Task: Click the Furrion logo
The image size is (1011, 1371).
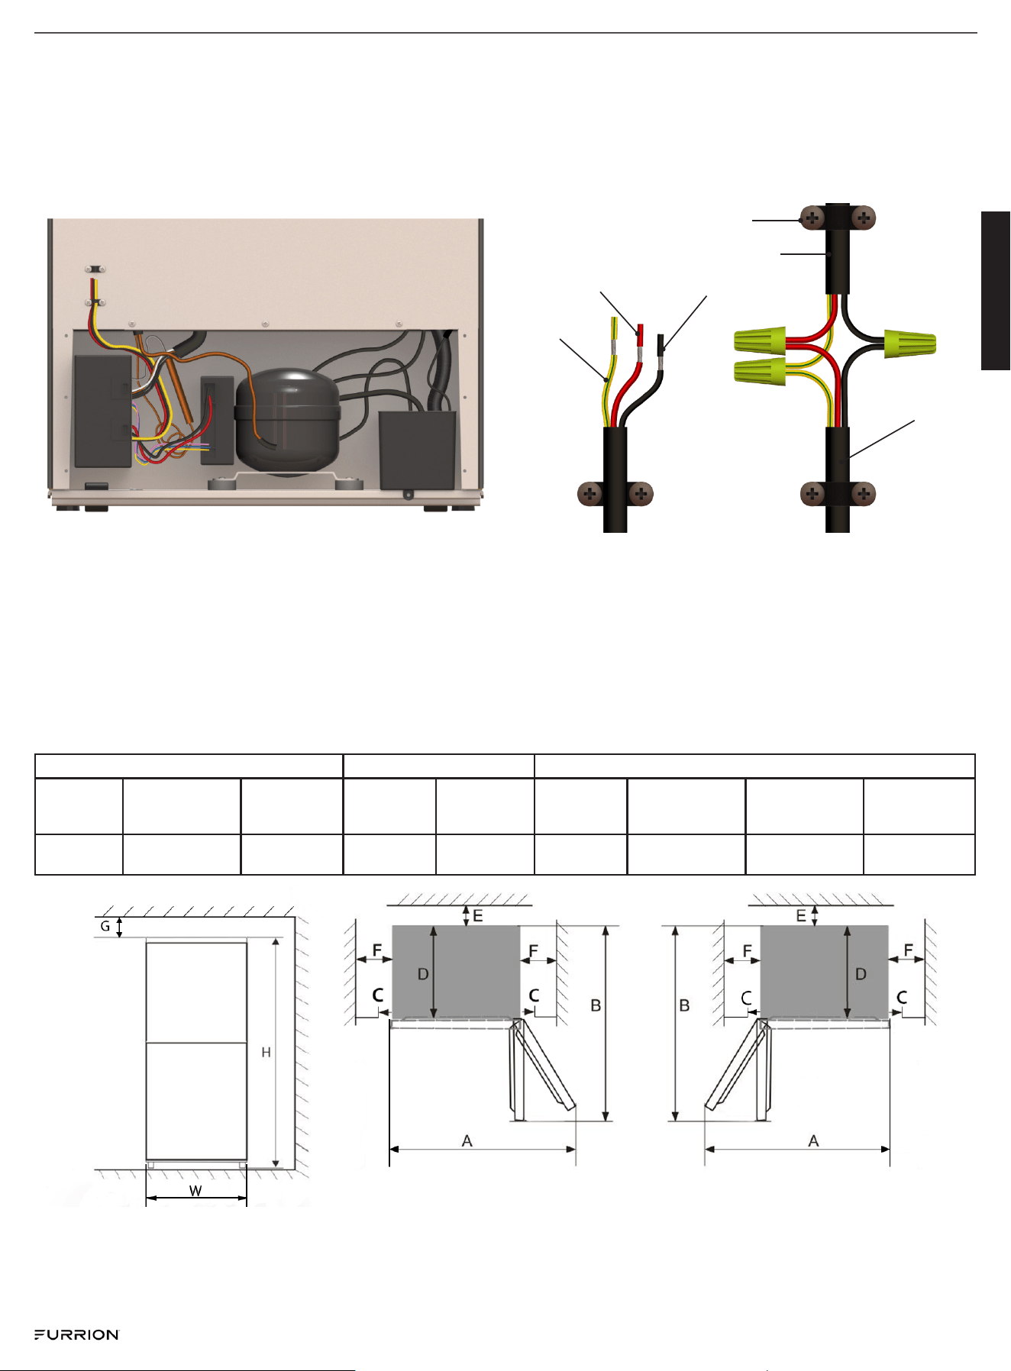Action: tap(76, 1334)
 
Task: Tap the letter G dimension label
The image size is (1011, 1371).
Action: tap(105, 926)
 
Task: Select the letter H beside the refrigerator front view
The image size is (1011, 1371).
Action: tap(266, 1053)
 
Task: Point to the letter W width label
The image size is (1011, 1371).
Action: tap(195, 1191)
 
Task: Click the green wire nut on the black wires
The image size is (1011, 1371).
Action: tap(910, 344)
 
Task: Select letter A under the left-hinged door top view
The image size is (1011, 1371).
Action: tap(467, 1140)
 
